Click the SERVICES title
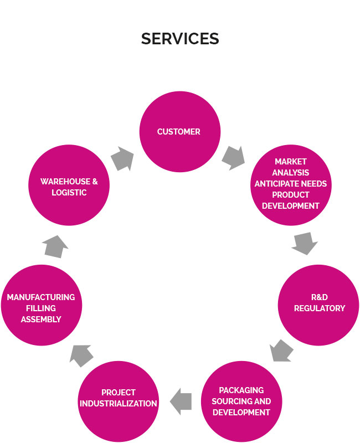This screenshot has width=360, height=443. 180,39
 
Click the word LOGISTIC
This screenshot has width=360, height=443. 69,192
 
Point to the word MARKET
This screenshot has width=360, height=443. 291,161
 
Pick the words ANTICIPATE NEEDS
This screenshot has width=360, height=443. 291,183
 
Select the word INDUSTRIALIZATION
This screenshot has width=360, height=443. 119,404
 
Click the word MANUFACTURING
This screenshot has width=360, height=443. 41,297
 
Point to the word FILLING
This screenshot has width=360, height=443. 41,308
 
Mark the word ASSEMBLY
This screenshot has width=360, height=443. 41,320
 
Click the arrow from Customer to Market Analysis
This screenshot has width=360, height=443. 233,157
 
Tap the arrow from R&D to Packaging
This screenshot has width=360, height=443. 282,351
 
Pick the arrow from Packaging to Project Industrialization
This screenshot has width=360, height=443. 181,401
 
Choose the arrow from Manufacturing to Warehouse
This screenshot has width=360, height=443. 56,246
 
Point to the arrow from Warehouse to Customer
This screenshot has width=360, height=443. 122,159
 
